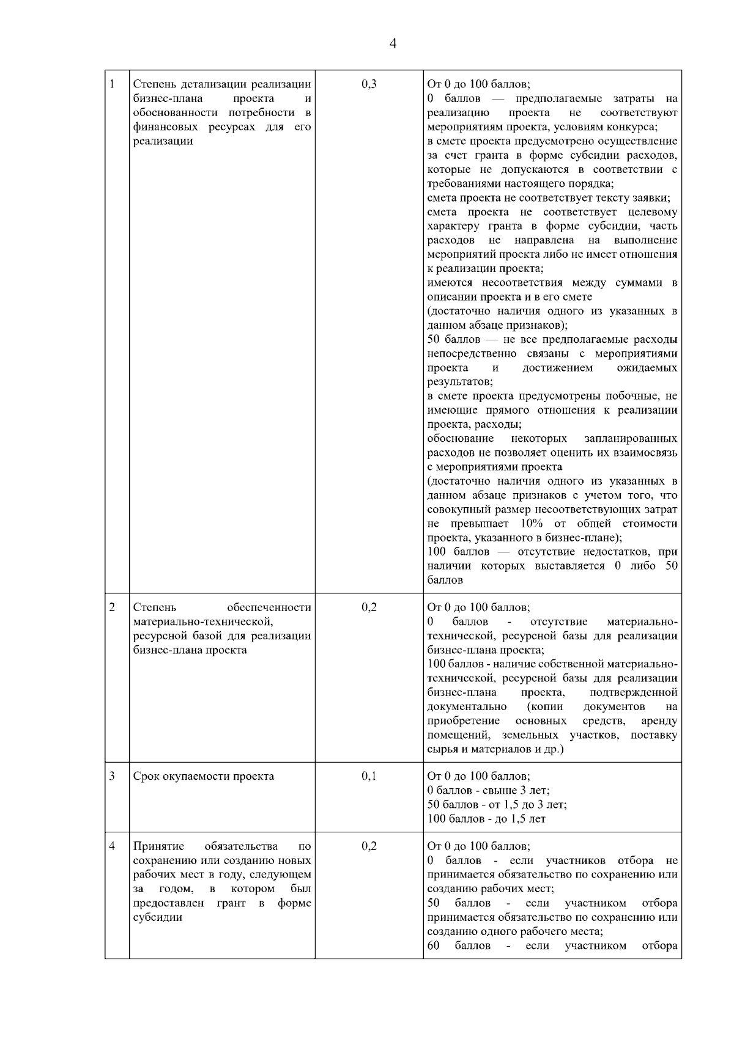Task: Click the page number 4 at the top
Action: click(x=393, y=43)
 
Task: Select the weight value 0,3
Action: click(x=369, y=84)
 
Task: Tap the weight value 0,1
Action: click(x=369, y=776)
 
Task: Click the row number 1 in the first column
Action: click(x=113, y=84)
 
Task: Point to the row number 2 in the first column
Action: click(x=113, y=607)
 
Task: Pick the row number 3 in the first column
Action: click(x=113, y=776)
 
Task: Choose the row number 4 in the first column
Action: click(x=113, y=846)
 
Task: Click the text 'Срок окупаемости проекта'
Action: click(x=204, y=777)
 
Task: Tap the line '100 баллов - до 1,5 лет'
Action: click(x=486, y=819)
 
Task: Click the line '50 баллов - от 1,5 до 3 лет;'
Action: click(x=497, y=805)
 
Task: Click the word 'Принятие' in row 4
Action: click(x=154, y=846)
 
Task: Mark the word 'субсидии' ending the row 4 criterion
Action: click(x=158, y=917)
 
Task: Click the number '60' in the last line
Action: click(x=434, y=946)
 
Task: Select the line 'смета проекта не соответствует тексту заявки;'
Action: click(x=549, y=198)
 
